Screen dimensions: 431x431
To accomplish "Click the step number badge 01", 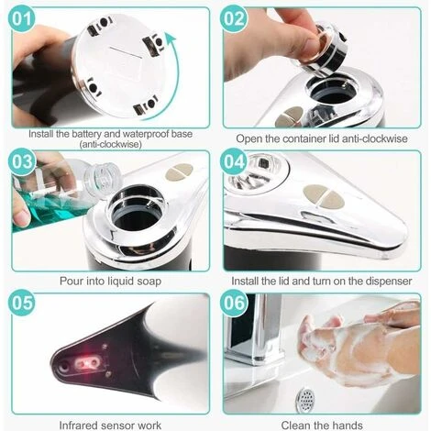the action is [x=22, y=18].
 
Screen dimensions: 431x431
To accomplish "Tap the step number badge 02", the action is [x=234, y=18].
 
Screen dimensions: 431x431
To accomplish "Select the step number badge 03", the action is [x=22, y=161].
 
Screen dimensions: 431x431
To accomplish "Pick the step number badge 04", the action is [x=234, y=161].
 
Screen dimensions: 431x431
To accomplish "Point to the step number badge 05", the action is [x=22, y=303].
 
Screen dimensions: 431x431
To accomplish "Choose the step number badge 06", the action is [x=234, y=303].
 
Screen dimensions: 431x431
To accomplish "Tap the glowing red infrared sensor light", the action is [x=89, y=363].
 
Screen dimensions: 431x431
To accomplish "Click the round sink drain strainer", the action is [x=305, y=398].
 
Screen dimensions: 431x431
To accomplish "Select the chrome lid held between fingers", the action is [x=323, y=50].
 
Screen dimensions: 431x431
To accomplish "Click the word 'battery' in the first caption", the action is [x=86, y=134].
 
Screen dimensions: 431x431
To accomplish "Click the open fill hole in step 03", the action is [x=137, y=211].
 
